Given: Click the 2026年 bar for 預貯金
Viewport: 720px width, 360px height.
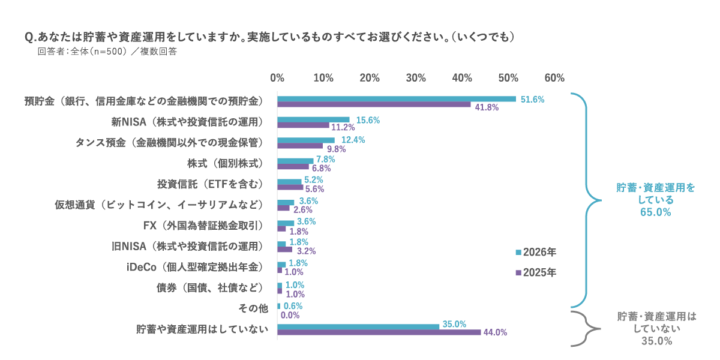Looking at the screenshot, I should click(x=396, y=99).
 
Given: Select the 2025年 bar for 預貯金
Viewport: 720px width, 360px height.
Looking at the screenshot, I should click(x=374, y=106).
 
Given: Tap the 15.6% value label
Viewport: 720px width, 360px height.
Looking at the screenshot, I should click(x=368, y=120).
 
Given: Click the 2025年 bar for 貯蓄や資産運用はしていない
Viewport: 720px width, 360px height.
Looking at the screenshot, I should click(x=379, y=332).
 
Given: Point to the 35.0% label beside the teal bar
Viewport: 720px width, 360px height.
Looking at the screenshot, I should click(x=454, y=324).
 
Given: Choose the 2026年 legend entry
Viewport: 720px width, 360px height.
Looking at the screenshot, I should click(x=536, y=251).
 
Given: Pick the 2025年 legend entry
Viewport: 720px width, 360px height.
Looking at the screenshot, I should click(x=536, y=272).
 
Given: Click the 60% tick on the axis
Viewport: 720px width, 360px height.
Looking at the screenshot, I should click(x=554, y=78).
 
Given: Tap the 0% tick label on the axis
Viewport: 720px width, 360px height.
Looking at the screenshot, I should click(x=277, y=78).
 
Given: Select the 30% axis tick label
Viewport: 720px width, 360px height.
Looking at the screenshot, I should click(x=415, y=78).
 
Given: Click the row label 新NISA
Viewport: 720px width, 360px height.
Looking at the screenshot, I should click(x=188, y=122).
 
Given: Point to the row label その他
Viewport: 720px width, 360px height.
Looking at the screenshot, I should click(x=253, y=308).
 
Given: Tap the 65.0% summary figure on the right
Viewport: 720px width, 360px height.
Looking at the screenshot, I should click(x=656, y=212).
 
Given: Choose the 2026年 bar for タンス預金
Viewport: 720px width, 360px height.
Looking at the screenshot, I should click(x=306, y=140).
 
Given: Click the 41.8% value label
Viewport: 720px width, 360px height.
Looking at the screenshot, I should click(x=487, y=107).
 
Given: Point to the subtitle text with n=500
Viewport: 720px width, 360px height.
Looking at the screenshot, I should click(x=107, y=52).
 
